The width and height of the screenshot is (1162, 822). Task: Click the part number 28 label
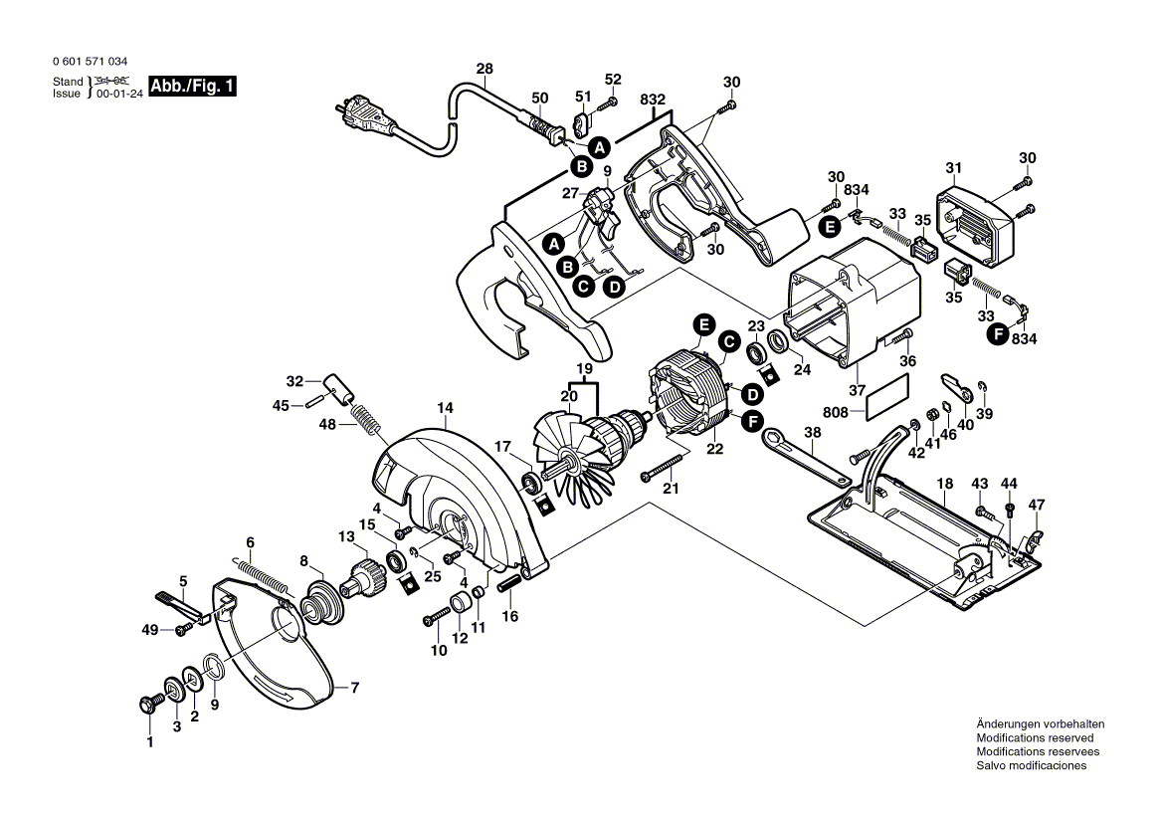pyautogui.click(x=484, y=69)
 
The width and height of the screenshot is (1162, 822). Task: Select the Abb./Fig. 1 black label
pyautogui.click(x=193, y=87)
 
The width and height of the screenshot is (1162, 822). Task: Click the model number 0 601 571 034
pyautogui.click(x=90, y=62)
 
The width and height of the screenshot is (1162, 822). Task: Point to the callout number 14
pyautogui.click(x=444, y=407)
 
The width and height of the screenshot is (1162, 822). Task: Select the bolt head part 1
pyautogui.click(x=152, y=704)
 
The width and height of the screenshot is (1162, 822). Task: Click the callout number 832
pyautogui.click(x=653, y=100)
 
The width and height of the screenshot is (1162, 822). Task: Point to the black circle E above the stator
pyautogui.click(x=703, y=324)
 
